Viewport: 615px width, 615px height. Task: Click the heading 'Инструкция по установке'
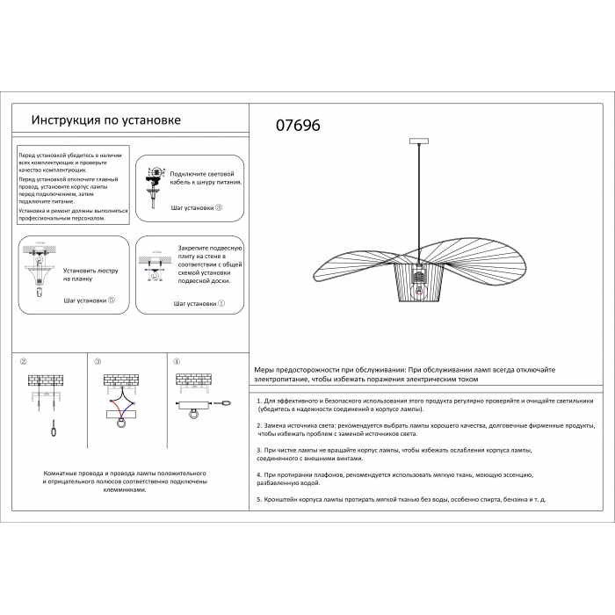105,120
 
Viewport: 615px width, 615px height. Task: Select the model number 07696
299,126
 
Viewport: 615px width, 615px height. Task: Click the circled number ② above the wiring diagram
24,362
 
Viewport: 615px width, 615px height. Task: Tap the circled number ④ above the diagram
177,362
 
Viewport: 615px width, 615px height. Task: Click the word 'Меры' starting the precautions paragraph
264,372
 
